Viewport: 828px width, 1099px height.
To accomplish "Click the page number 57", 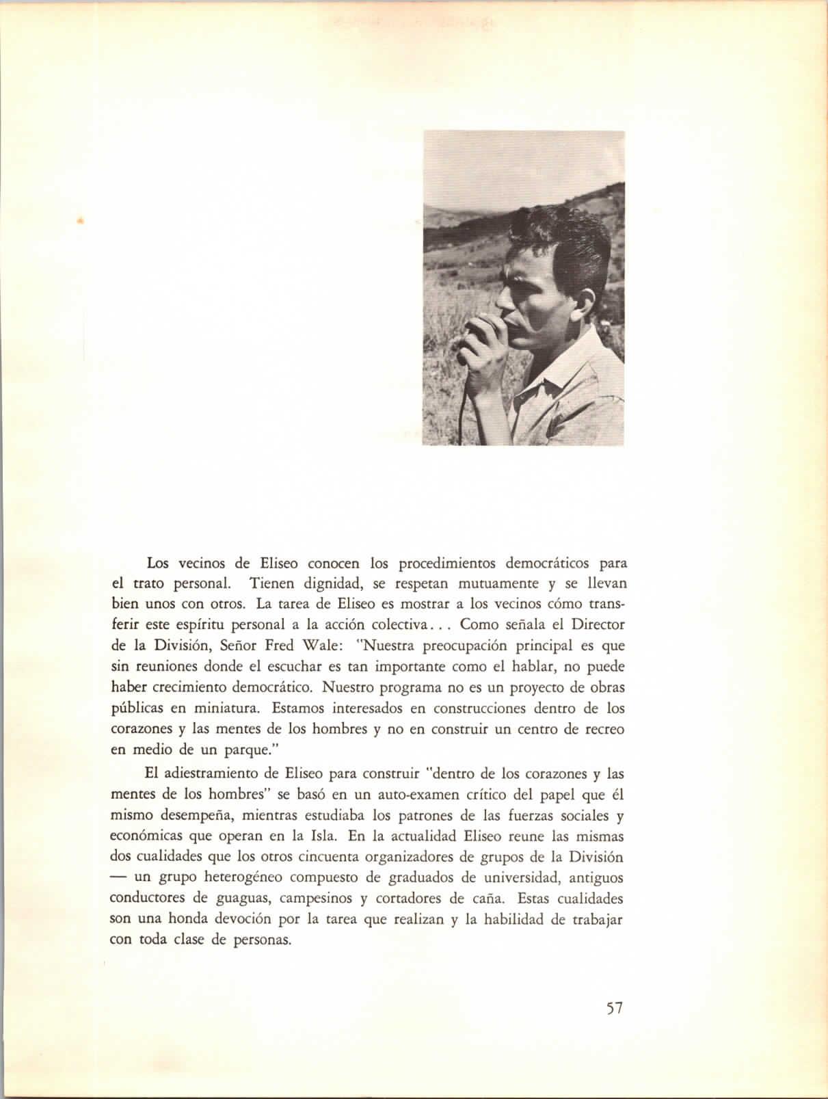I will point(614,1008).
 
